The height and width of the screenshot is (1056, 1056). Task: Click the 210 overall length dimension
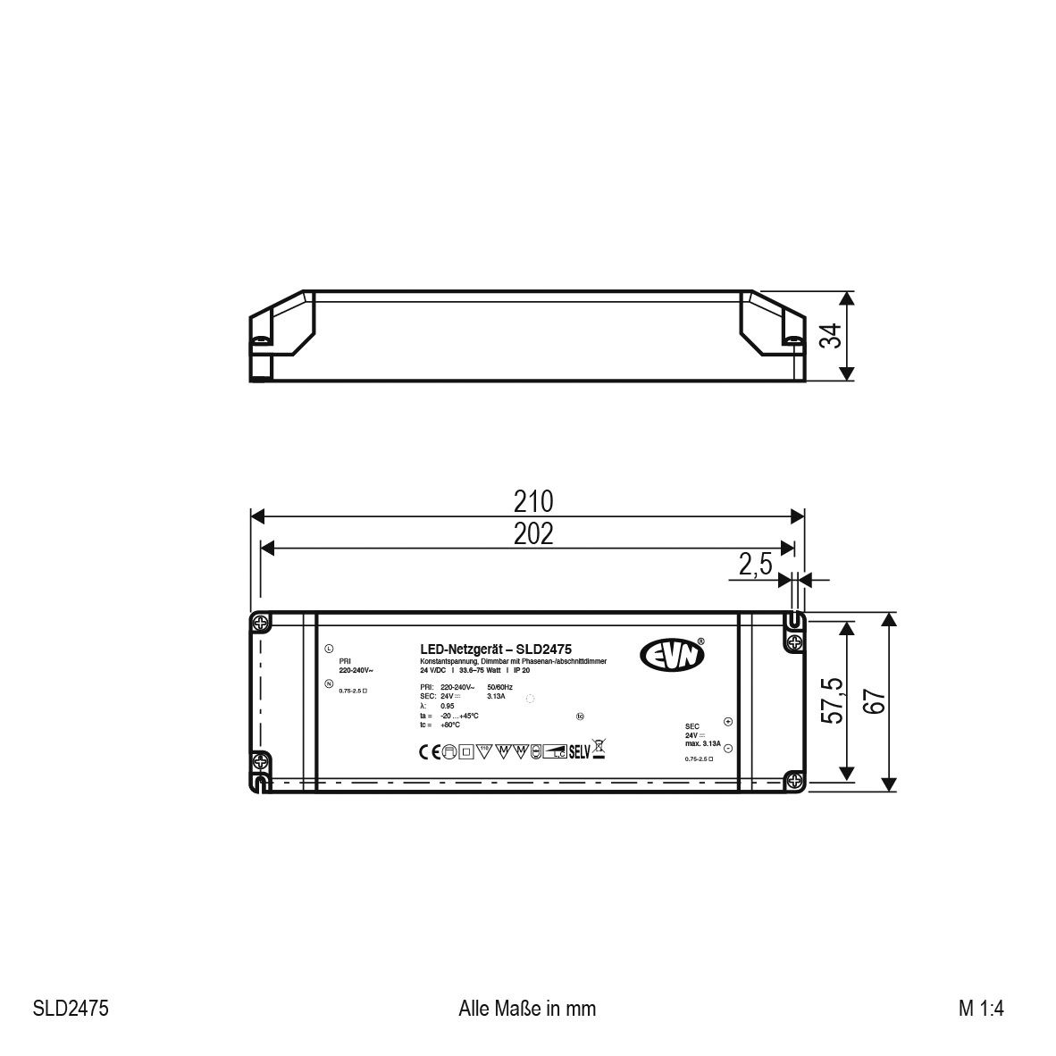pos(532,501)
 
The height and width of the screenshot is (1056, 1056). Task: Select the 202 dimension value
pos(532,533)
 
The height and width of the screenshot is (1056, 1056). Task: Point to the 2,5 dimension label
pos(755,566)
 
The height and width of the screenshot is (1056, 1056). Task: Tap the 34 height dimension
pos(830,336)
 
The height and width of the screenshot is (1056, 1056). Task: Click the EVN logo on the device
pos(672,654)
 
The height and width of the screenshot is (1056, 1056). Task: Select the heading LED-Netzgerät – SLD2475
pos(496,650)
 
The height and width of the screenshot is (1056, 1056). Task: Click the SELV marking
pos(580,751)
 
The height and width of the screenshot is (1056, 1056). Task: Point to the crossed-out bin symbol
pos(599,750)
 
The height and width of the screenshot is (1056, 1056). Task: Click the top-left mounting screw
pos(260,622)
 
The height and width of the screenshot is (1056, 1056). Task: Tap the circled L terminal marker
pos(329,649)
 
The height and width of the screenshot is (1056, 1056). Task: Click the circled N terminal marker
pos(329,684)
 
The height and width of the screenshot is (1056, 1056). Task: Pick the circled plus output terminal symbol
pos(727,722)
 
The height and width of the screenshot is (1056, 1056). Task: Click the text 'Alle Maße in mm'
pos(526,1009)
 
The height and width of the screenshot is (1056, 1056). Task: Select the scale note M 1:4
pos(982,1009)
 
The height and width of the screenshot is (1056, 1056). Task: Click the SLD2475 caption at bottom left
pos(71,1009)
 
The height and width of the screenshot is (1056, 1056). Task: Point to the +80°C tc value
pos(450,725)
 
